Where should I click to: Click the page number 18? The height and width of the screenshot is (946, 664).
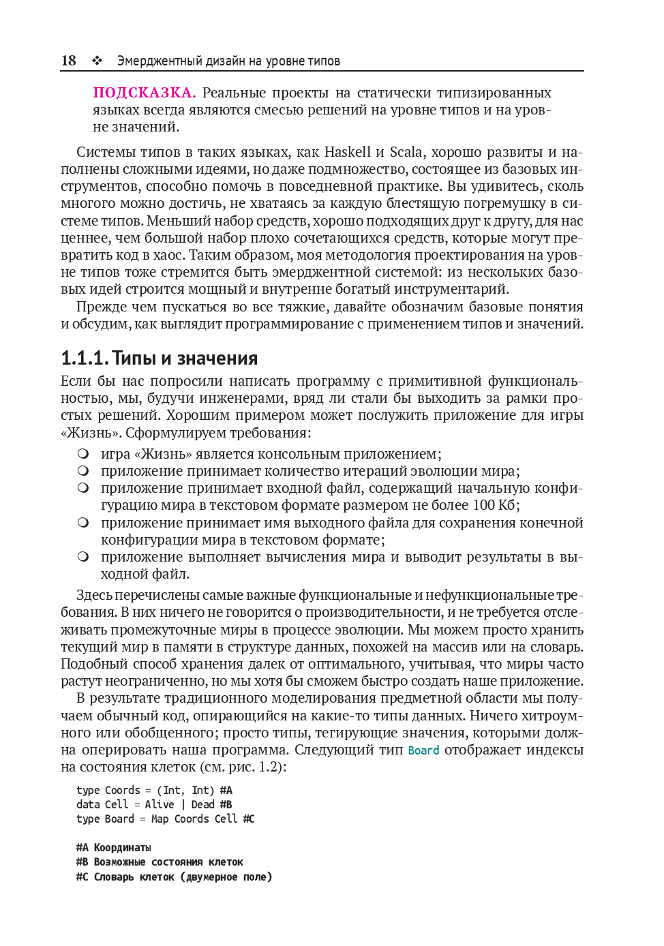click(68, 61)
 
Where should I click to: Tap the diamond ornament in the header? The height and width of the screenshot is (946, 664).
click(97, 61)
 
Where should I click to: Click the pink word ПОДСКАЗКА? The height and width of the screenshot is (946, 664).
click(145, 93)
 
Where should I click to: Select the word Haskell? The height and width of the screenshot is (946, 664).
click(348, 152)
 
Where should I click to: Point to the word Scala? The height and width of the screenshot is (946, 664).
click(406, 152)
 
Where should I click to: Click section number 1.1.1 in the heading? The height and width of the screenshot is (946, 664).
click(84, 358)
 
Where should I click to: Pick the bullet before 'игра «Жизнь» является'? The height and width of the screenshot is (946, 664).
click(83, 453)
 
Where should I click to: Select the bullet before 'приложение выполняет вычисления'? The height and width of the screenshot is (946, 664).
click(83, 556)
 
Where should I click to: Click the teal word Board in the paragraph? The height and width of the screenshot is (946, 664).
click(423, 750)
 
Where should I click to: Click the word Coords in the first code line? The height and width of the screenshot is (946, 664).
click(122, 791)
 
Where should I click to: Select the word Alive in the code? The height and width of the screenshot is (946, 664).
click(160, 805)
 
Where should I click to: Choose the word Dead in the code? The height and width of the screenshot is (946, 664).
click(202, 805)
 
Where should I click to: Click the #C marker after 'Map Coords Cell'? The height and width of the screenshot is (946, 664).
click(249, 819)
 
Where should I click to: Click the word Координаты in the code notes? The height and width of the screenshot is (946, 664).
click(123, 848)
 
